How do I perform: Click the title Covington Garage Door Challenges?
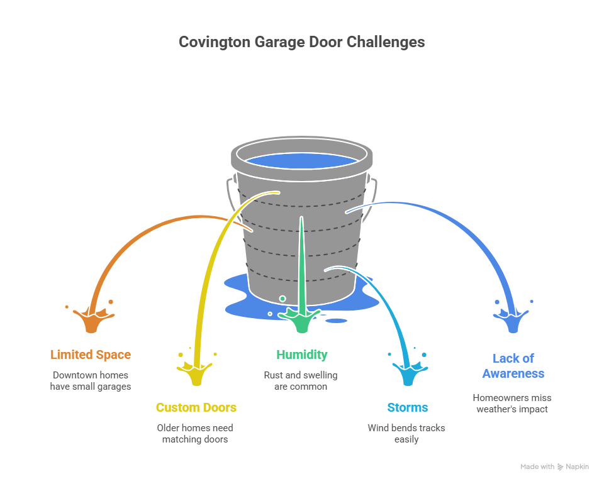click(301, 42)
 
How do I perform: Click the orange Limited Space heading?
click(91, 355)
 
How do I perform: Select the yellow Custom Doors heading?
click(196, 407)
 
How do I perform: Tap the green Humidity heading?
click(301, 355)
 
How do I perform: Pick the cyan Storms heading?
click(407, 407)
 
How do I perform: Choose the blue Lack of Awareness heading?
click(513, 366)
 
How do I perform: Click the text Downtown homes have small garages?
click(91, 381)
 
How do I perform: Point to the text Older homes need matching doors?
click(196, 434)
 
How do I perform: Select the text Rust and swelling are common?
click(301, 381)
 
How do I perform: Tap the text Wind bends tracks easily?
click(407, 434)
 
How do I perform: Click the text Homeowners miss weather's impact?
click(513, 403)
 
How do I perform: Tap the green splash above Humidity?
click(302, 321)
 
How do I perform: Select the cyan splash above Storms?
click(408, 373)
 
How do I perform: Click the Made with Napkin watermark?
click(554, 466)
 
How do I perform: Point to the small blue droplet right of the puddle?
click(337, 321)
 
